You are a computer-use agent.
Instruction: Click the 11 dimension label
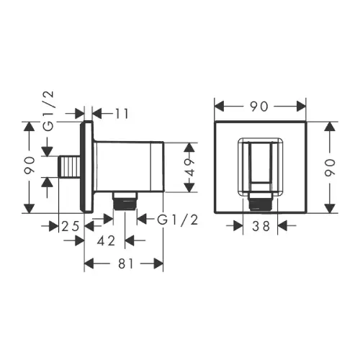pyautogui.click(x=122, y=114)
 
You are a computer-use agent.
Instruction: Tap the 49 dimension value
pyautogui.click(x=190, y=167)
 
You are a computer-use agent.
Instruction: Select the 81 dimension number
pyautogui.click(x=125, y=264)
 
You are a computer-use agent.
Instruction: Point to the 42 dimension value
pyautogui.click(x=107, y=240)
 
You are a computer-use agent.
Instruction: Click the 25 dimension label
pyautogui.click(x=71, y=226)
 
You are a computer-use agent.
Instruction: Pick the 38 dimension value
pyautogui.click(x=261, y=226)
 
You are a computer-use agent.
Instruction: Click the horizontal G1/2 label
pyautogui.click(x=177, y=220)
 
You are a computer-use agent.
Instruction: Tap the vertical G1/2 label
pyautogui.click(x=49, y=111)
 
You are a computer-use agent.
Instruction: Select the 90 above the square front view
pyautogui.click(x=259, y=107)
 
